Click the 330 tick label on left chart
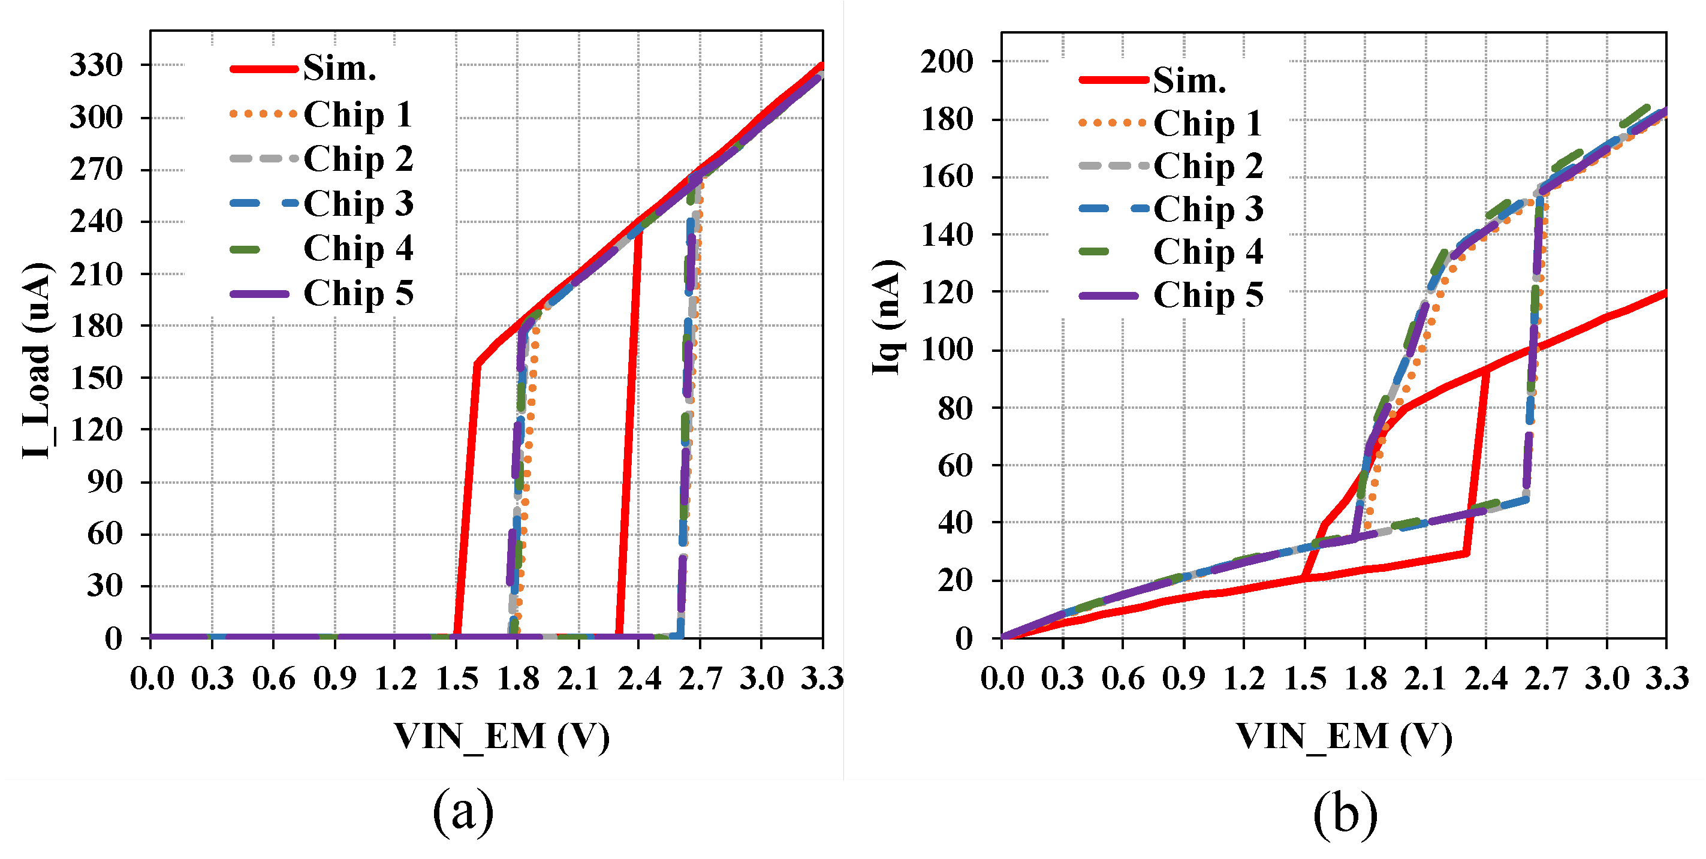click(97, 65)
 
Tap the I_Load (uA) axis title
click(37, 361)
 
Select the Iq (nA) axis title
click(887, 317)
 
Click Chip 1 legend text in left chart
click(358, 114)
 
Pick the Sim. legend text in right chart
click(1189, 80)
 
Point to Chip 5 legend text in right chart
click(1208, 295)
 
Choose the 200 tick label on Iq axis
click(947, 62)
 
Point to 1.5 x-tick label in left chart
click(457, 679)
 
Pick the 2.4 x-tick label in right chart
click(1486, 679)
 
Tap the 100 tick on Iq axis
click(947, 350)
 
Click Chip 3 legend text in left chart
click(358, 203)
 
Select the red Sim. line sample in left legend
click(263, 69)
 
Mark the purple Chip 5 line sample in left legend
click(260, 293)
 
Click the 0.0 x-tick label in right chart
click(1002, 679)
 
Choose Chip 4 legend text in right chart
click(1208, 252)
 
